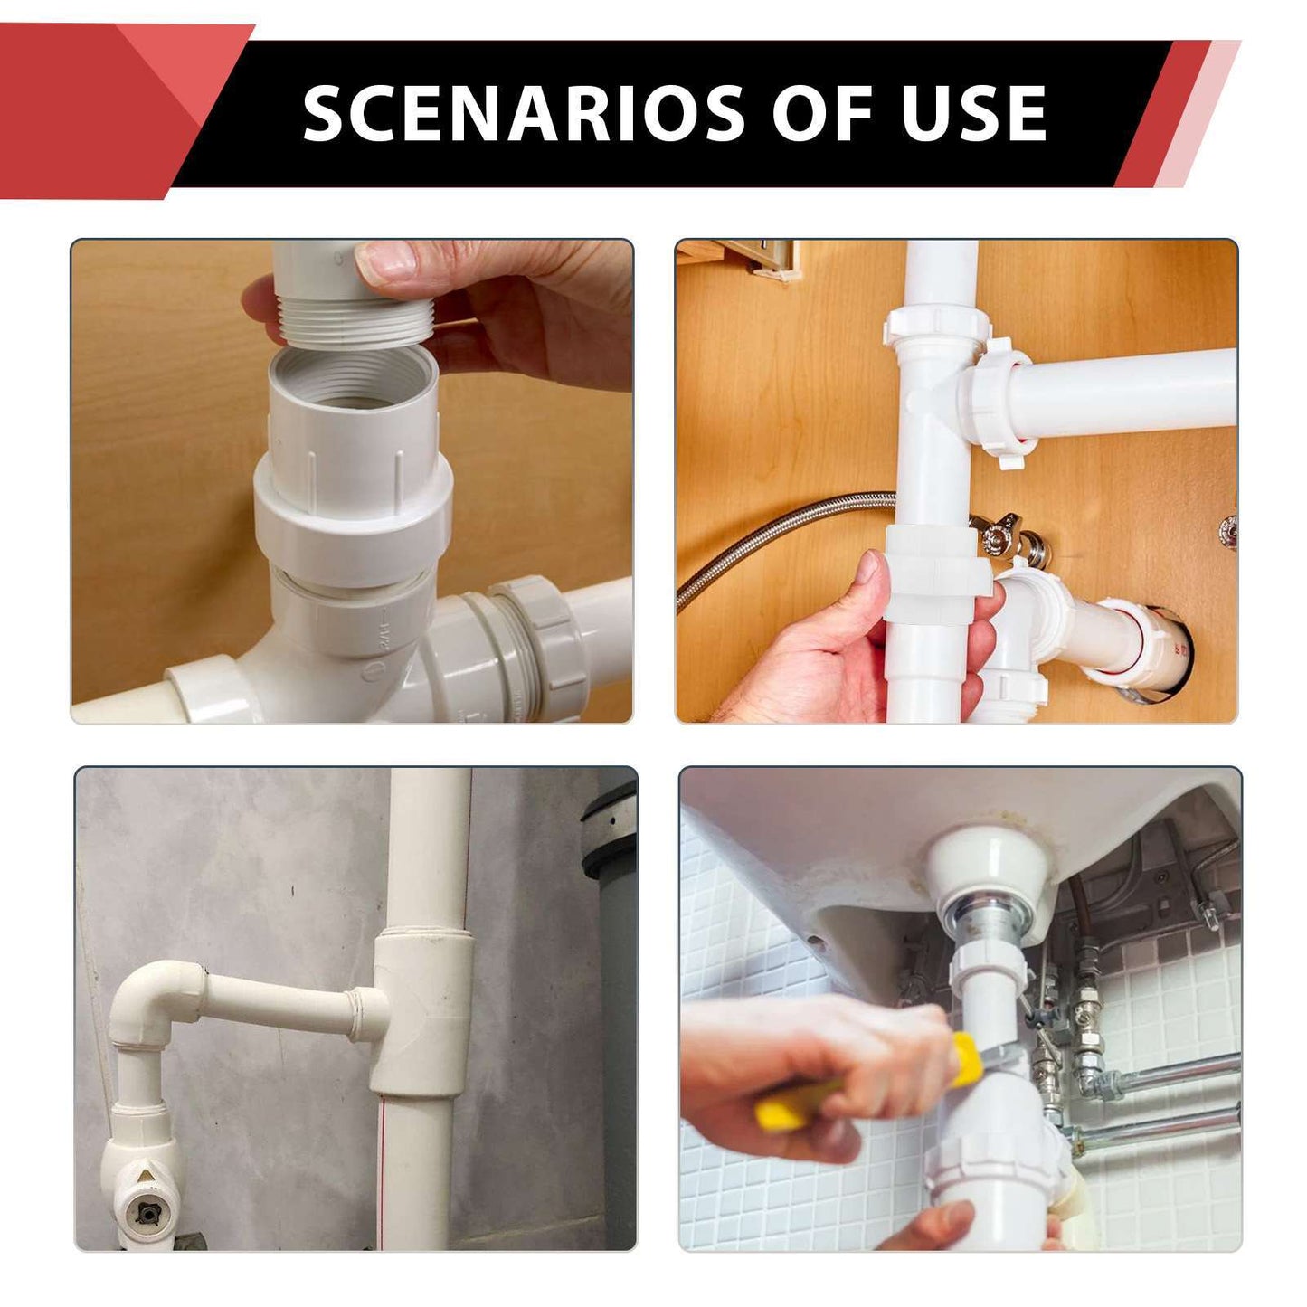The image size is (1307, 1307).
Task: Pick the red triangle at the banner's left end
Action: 99,109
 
